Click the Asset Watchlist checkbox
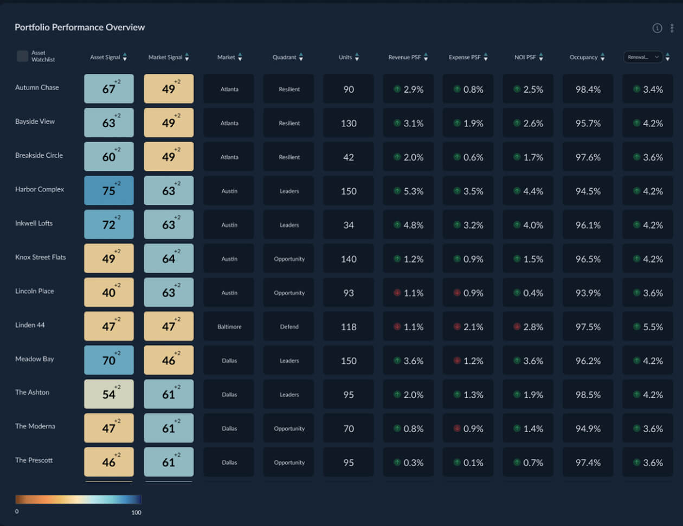22,56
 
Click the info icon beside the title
657,28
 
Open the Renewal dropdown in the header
643,57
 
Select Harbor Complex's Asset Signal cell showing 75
109,190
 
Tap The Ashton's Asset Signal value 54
109,394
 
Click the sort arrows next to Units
357,57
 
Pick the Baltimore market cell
229,326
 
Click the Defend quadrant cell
289,326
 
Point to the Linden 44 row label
30,325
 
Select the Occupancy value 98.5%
588,395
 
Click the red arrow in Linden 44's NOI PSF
517,326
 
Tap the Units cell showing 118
349,326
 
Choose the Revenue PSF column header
404,57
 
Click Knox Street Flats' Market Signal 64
169,259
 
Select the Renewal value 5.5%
653,327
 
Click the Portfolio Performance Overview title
80,27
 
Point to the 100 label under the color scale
136,513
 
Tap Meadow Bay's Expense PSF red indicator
457,361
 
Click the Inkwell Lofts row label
34,223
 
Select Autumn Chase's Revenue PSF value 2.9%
413,89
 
